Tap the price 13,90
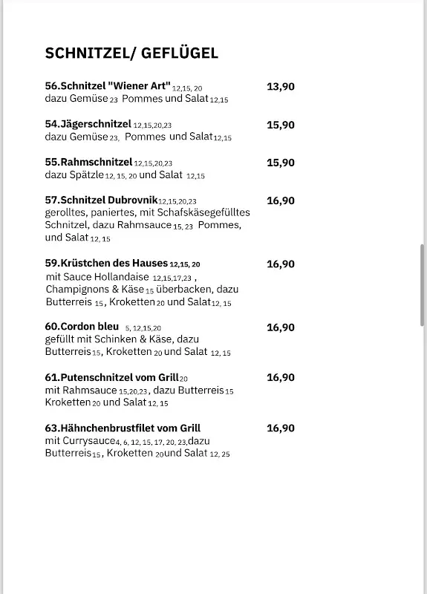(281, 86)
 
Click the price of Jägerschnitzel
(281, 124)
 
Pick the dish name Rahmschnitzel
(96, 162)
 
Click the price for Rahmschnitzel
(281, 162)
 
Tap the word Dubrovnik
(131, 200)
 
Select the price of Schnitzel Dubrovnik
(281, 200)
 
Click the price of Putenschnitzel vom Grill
(281, 377)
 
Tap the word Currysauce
(87, 441)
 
